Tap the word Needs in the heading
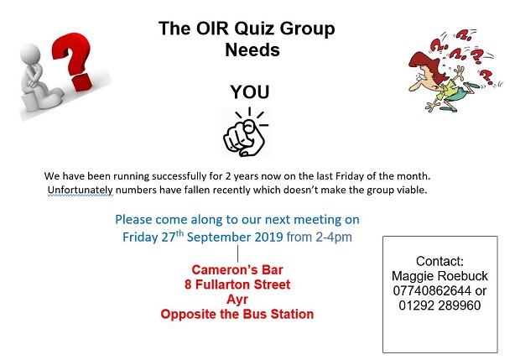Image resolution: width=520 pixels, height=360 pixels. [x=252, y=50]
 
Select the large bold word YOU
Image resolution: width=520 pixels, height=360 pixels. [x=250, y=92]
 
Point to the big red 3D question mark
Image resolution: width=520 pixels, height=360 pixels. [x=75, y=60]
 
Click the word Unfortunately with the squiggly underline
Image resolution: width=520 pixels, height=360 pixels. [x=81, y=190]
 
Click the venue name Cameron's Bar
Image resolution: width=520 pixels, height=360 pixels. [x=237, y=269]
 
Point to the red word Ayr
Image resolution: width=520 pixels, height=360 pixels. [x=237, y=300]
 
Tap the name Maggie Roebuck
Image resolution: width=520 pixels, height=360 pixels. [x=439, y=276]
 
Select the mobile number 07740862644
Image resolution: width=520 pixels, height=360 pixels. [x=432, y=290]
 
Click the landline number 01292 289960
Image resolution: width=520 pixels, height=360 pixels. [x=439, y=305]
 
